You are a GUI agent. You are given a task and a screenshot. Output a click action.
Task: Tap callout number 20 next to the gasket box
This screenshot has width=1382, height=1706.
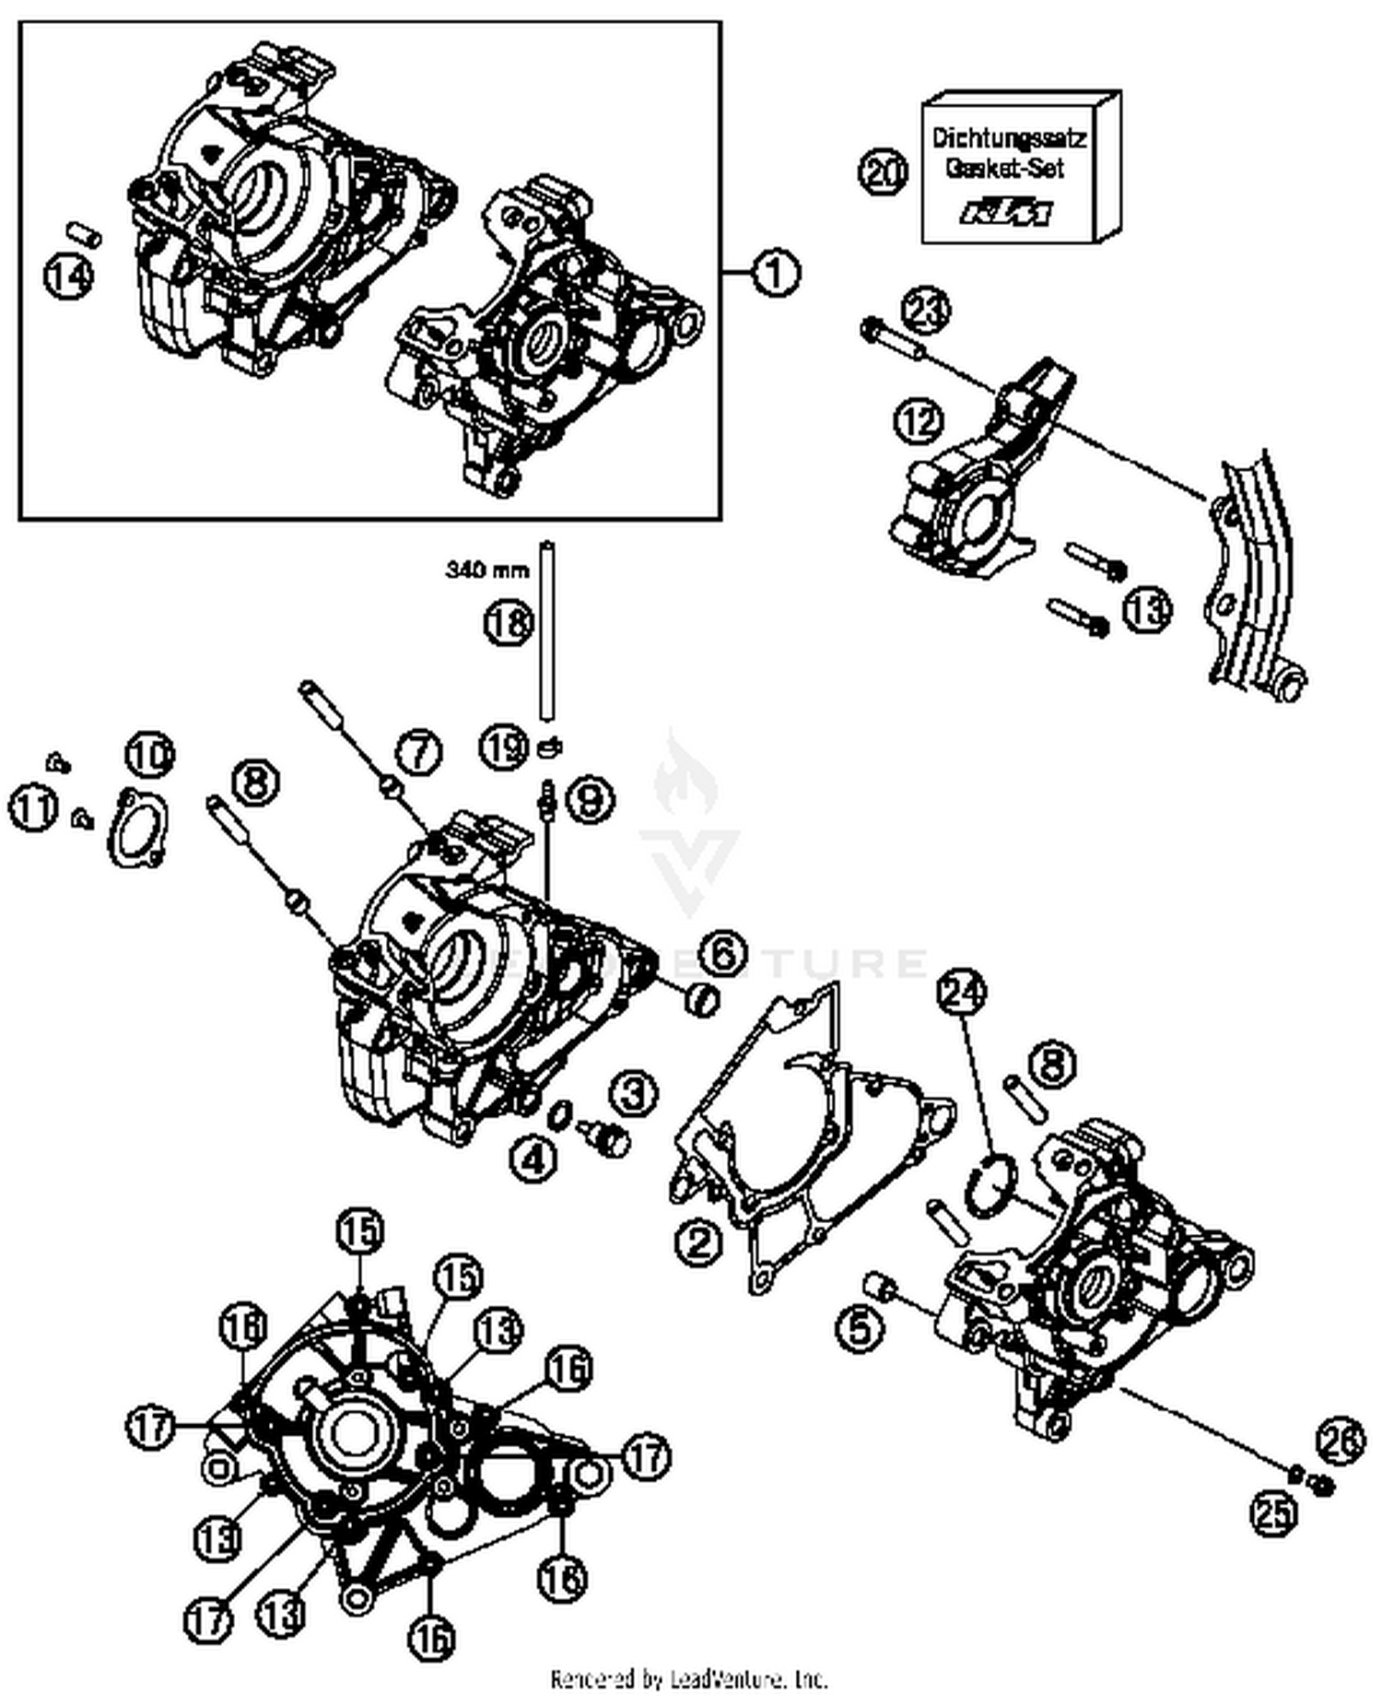(884, 172)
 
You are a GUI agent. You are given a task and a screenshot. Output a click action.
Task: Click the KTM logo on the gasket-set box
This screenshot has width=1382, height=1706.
(1006, 213)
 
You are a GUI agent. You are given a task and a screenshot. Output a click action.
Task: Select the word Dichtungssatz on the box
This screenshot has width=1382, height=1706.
(1008, 138)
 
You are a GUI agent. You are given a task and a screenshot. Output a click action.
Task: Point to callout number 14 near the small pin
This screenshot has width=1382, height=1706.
(70, 276)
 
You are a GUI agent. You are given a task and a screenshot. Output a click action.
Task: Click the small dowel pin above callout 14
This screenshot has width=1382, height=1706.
(83, 231)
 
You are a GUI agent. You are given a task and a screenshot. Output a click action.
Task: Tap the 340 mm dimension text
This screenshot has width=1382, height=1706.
(487, 570)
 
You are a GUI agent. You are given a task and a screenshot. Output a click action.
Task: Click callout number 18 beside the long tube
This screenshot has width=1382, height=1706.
(509, 623)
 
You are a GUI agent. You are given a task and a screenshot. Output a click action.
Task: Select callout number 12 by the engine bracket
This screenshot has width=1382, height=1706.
(919, 421)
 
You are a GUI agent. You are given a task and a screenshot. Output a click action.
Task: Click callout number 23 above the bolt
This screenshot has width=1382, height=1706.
(925, 310)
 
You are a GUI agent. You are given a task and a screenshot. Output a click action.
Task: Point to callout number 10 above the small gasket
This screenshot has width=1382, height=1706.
(150, 755)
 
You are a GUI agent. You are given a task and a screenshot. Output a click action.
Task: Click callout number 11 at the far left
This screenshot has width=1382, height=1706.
(33, 809)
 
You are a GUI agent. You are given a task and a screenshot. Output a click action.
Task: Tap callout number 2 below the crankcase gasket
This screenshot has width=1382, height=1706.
(701, 1242)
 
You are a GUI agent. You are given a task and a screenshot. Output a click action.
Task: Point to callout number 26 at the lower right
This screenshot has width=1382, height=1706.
(1340, 1442)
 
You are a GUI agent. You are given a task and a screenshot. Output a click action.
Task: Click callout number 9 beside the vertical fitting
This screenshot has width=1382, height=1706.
(589, 799)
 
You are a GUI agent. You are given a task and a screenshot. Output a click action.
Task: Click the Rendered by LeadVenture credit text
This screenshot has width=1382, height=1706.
(689, 1678)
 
